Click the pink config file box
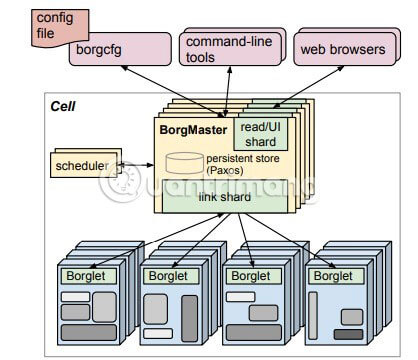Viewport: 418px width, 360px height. coord(56,25)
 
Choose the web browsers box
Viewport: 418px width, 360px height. coord(343,48)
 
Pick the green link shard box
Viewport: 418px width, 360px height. coord(232,198)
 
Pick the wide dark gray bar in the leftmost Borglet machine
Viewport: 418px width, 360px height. coord(88,331)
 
